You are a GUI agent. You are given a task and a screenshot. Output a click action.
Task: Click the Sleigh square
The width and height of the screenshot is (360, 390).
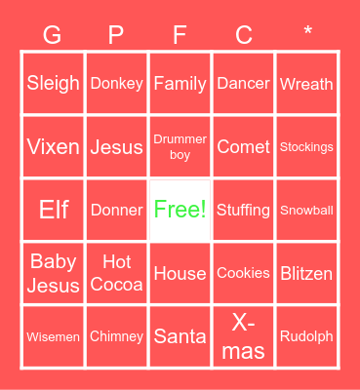pos(54,84)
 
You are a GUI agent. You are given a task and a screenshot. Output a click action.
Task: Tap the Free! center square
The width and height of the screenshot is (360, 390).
pos(180,210)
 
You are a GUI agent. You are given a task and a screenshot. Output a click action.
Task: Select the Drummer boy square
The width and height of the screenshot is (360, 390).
pos(180,147)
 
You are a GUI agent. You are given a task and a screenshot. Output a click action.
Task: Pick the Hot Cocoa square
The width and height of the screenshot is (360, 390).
pos(116,274)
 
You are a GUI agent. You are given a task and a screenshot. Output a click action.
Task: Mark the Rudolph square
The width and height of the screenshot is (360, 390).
pos(306,336)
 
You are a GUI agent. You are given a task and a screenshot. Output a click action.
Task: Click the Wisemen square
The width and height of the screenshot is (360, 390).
pos(54,336)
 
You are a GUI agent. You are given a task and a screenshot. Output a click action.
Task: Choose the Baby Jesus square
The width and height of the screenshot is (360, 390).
pos(54,274)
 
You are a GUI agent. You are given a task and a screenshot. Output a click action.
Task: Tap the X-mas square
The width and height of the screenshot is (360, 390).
pos(243,336)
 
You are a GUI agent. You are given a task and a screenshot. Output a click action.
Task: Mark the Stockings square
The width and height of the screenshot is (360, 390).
pos(306,147)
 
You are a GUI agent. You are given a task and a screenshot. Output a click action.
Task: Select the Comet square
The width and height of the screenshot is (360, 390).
pos(243,147)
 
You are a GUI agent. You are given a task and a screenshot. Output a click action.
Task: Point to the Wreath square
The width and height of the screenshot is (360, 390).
pos(306,84)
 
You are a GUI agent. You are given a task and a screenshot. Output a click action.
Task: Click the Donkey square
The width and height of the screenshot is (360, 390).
pos(116,84)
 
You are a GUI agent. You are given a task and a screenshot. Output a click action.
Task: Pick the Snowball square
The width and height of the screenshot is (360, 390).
pos(306,210)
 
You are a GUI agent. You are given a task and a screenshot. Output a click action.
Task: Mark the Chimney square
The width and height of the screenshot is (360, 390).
pos(116,336)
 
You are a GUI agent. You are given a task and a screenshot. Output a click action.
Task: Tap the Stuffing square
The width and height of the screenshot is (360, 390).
pos(243,210)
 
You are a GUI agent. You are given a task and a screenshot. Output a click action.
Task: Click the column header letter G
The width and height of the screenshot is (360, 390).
pos(53,36)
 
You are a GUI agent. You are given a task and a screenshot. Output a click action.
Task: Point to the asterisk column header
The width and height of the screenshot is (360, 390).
pos(307,34)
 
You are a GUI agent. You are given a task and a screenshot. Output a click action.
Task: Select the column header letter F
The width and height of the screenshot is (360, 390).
pos(180,36)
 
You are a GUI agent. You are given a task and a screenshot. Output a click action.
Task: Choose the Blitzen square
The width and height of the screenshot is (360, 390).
pos(306,274)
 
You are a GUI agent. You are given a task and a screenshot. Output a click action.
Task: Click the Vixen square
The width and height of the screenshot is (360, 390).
pos(54,147)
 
